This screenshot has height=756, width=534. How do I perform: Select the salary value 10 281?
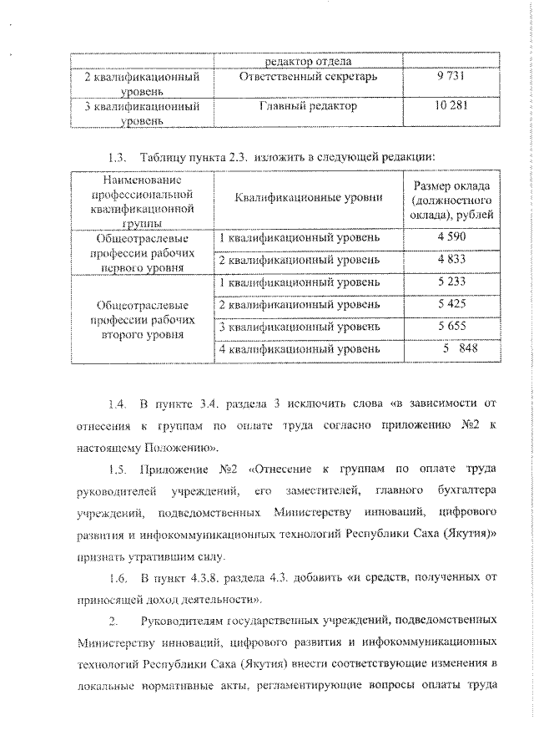tap(449, 107)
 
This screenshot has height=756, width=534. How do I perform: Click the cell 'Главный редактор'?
tap(308, 107)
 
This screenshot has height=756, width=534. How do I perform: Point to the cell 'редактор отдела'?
tap(308, 61)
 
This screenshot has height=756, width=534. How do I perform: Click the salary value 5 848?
tap(456, 348)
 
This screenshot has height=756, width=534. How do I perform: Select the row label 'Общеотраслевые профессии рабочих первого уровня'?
tap(143, 251)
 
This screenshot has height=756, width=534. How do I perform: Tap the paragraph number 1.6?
tap(117, 578)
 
